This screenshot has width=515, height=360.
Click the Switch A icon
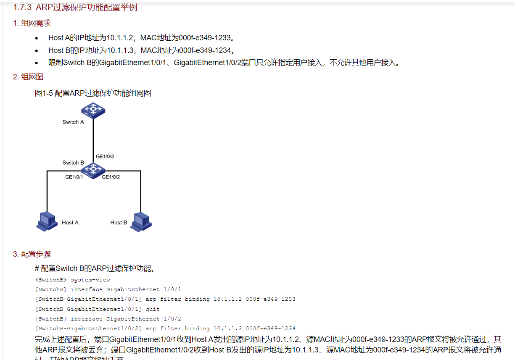(x=93, y=110)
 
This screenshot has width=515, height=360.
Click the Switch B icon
(x=93, y=170)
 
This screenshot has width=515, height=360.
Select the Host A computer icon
(x=46, y=222)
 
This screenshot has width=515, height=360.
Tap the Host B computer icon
(x=140, y=222)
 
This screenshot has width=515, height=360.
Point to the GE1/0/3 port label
(x=105, y=157)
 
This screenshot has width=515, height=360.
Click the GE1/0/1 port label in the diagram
(x=74, y=177)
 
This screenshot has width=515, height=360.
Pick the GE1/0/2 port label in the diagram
(x=111, y=177)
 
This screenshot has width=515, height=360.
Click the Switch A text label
(x=73, y=122)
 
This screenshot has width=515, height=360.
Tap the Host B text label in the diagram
(x=119, y=223)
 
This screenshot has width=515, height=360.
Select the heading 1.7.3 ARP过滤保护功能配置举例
(x=75, y=8)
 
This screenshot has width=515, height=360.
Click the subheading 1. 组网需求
(x=32, y=23)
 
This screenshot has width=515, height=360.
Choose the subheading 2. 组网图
(x=28, y=77)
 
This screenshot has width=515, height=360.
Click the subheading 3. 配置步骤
(x=32, y=254)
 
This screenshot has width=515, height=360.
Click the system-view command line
(x=72, y=280)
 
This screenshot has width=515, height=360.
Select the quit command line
(x=98, y=309)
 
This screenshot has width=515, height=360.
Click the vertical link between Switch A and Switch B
(x=93, y=139)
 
